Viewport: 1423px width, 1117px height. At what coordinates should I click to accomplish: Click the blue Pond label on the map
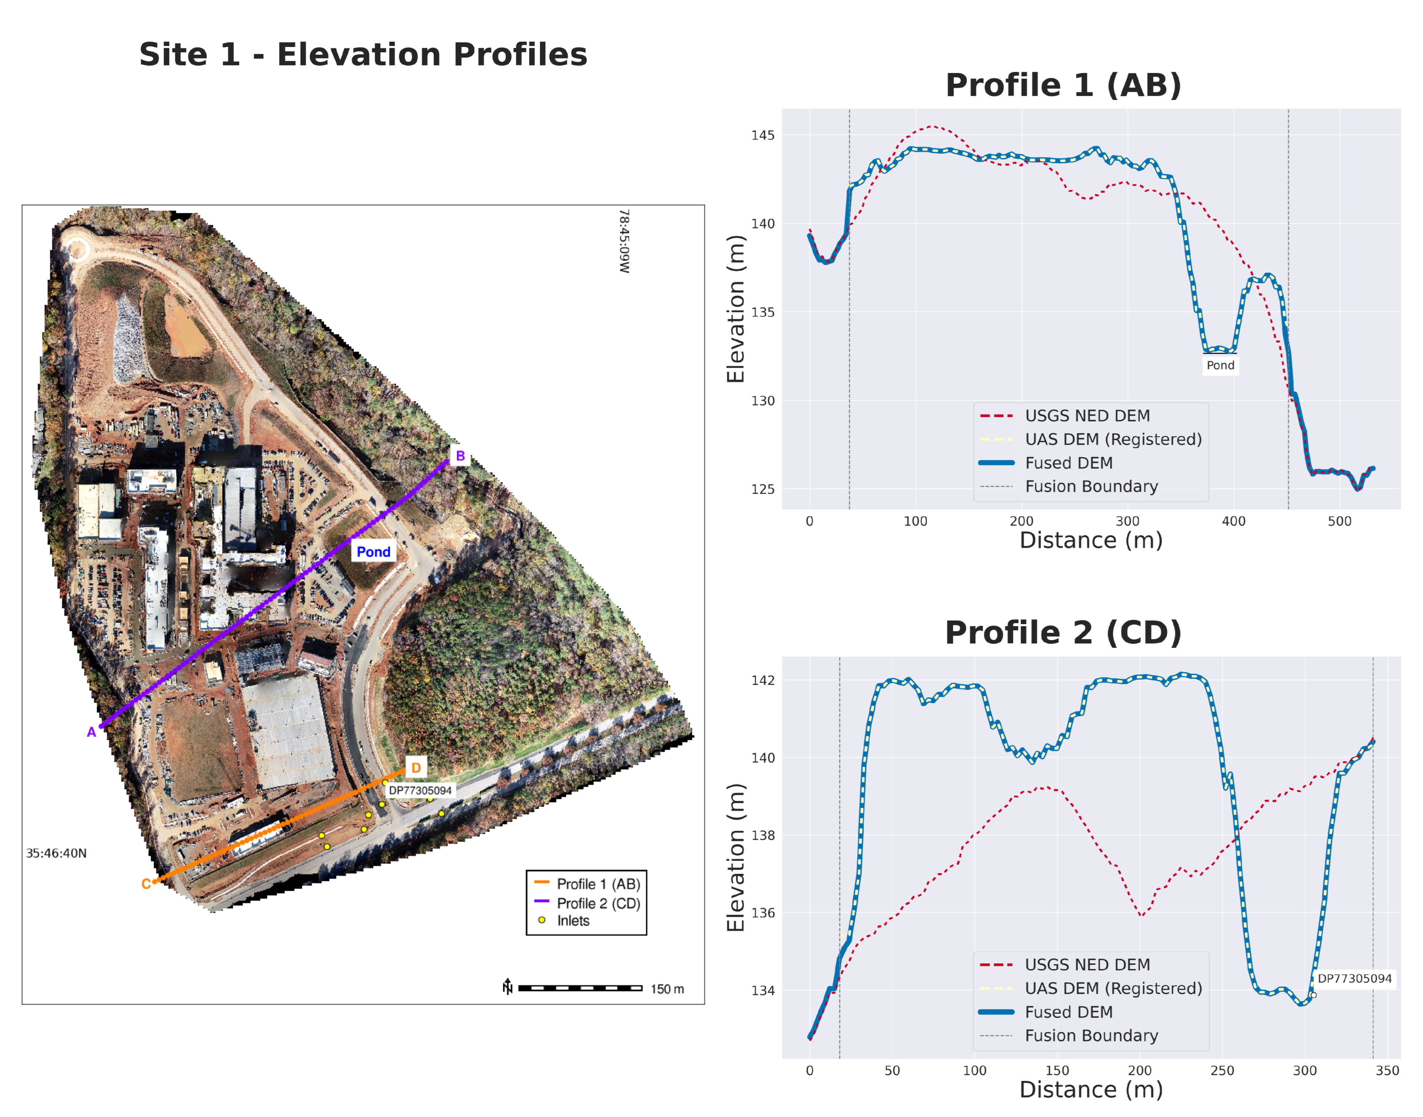click(x=373, y=552)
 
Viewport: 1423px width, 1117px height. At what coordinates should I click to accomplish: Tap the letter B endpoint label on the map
click(x=460, y=456)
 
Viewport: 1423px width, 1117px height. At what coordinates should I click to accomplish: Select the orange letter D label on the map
click(x=416, y=768)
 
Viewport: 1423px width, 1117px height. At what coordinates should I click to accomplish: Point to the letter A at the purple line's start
click(x=91, y=732)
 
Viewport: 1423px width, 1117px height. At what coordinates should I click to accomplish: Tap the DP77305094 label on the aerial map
click(x=420, y=791)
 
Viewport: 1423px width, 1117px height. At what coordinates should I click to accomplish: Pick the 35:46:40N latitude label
click(x=56, y=853)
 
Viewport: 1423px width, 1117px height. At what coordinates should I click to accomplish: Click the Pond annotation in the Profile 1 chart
click(x=1220, y=365)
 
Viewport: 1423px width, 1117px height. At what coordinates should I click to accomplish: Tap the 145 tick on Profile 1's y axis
click(x=762, y=136)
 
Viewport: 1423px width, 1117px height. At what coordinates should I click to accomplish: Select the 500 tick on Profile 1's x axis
click(x=1339, y=521)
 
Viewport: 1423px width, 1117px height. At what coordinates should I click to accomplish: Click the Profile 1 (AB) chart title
click(x=1063, y=86)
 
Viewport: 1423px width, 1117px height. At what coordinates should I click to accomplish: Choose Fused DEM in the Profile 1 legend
click(x=1069, y=463)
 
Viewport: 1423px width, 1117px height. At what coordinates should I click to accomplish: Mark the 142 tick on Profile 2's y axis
click(x=762, y=680)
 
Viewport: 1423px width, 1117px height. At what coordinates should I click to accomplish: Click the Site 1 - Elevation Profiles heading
click(x=363, y=54)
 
